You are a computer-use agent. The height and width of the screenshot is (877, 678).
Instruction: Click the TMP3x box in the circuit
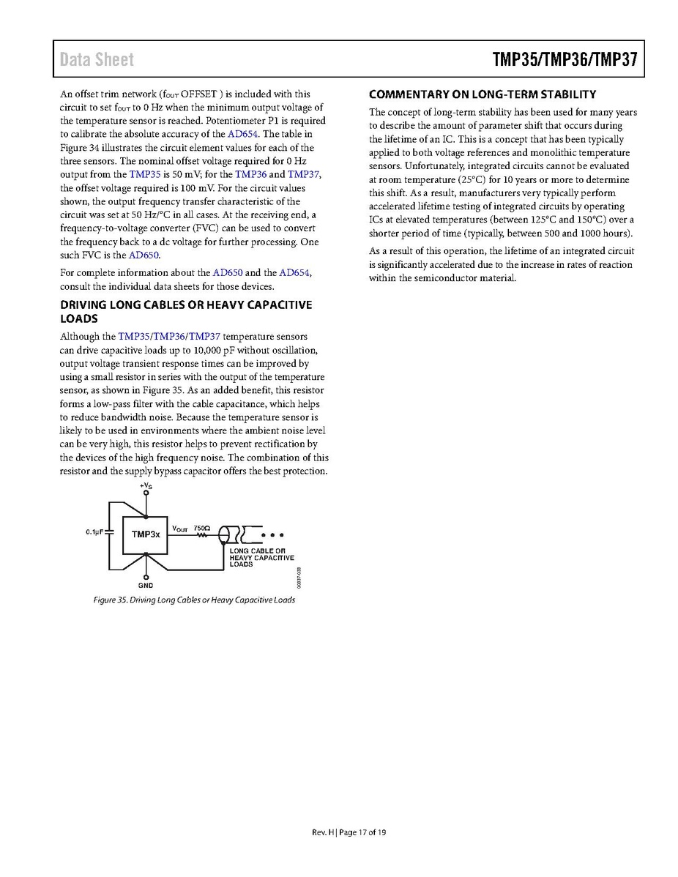pyautogui.click(x=146, y=534)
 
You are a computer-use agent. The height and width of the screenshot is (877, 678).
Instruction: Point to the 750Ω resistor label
pyautogui.click(x=202, y=527)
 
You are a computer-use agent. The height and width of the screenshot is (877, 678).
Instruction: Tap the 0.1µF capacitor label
pyautogui.click(x=94, y=531)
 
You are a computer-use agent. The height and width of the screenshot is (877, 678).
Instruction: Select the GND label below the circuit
pyautogui.click(x=146, y=586)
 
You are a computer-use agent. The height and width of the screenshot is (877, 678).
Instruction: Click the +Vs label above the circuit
pyautogui.click(x=146, y=485)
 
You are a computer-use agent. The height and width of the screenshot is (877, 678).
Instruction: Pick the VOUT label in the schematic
pyautogui.click(x=180, y=528)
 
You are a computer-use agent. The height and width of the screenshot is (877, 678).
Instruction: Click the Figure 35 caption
pyautogui.click(x=194, y=600)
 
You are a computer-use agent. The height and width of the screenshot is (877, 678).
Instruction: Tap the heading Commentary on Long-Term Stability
pyautogui.click(x=483, y=94)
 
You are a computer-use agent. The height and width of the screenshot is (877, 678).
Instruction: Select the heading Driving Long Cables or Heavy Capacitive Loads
pyautogui.click(x=185, y=311)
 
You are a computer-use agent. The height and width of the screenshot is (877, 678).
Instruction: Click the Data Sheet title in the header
pyautogui.click(x=97, y=59)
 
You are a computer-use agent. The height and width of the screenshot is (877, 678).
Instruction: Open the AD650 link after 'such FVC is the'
pyautogui.click(x=144, y=255)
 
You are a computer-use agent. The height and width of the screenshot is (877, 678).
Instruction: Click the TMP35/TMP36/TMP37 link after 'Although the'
pyautogui.click(x=169, y=337)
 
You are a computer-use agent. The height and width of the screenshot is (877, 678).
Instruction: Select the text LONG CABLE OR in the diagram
pyautogui.click(x=257, y=551)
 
